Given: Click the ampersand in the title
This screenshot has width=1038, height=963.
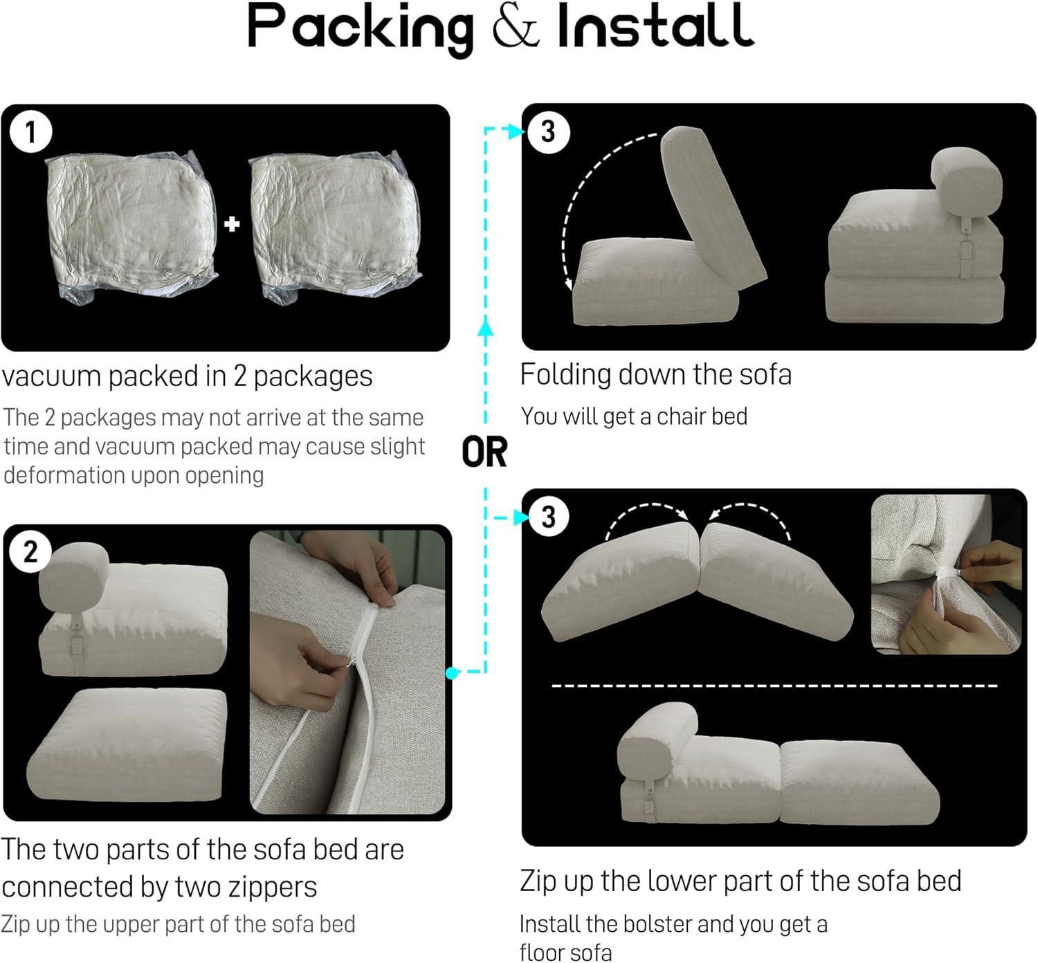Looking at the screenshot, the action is (x=516, y=26).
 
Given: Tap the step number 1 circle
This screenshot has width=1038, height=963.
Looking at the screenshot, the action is (x=31, y=132).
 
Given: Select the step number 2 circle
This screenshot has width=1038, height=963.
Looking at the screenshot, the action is (x=30, y=552).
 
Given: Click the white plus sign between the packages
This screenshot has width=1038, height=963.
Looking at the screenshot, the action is (x=232, y=224).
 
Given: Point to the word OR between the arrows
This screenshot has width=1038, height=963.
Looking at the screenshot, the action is (x=484, y=452).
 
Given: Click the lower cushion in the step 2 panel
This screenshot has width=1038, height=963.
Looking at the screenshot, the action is (x=127, y=746).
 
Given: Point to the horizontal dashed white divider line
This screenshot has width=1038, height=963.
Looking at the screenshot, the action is (x=774, y=686).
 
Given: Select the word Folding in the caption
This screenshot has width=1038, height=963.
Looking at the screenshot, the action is (x=565, y=376).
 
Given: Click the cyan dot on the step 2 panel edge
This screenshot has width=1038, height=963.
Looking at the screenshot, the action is (x=452, y=673).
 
